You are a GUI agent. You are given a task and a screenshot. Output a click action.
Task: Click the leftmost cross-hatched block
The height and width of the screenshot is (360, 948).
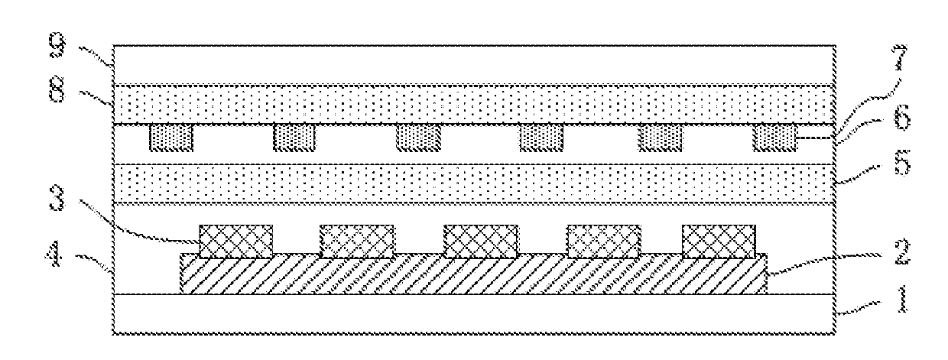pos(235,240)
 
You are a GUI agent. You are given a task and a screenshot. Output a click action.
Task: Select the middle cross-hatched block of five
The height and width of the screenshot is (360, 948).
pos(481,240)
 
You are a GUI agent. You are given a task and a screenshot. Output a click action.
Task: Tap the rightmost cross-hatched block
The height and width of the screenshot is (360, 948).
pos(719,240)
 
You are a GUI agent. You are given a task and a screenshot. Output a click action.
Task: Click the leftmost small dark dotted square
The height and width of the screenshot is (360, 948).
pos(171,138)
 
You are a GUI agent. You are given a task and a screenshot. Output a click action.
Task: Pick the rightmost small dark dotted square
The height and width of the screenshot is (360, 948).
pos(775,138)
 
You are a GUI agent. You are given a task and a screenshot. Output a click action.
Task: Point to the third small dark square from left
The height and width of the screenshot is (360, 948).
pos(418,138)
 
